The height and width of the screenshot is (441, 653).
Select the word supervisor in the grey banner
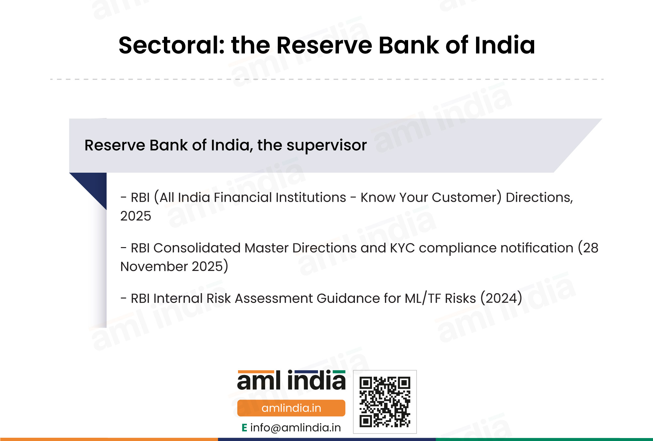326,146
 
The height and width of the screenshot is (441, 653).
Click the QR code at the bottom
385,402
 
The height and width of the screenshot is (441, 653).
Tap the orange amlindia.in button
291,408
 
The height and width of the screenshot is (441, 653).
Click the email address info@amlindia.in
295,428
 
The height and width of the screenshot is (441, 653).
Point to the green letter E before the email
244,428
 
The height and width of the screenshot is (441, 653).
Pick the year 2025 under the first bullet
136,216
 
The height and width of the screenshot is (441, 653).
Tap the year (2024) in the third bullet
501,298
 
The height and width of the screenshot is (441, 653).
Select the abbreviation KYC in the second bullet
403,248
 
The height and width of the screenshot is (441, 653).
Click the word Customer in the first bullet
467,197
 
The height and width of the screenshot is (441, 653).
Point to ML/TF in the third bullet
423,298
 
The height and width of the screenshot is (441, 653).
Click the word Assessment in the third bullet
274,298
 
